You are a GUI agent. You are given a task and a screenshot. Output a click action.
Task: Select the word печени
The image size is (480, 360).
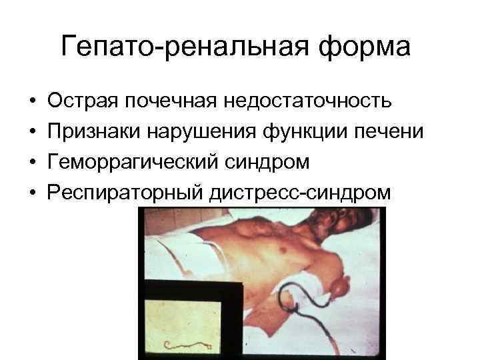tap(389, 132)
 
